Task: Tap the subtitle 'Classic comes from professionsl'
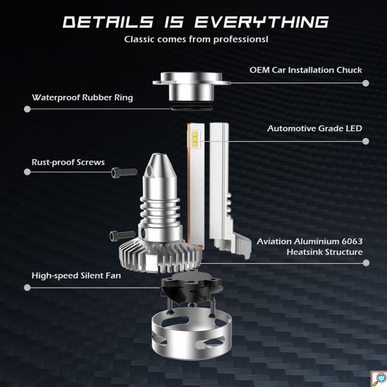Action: [193, 40]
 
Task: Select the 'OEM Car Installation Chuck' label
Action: [306, 70]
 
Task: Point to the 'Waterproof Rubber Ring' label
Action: [83, 97]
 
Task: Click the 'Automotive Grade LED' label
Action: [315, 128]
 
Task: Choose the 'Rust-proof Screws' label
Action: [68, 163]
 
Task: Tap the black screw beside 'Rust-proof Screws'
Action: [118, 172]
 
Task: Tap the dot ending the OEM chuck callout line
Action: [366, 83]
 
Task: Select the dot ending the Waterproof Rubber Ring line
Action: [26, 109]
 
